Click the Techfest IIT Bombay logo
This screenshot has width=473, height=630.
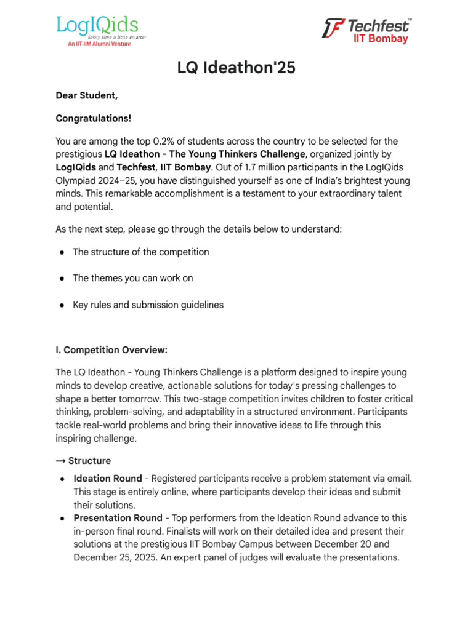[x=367, y=30]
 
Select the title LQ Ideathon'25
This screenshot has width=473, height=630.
[x=236, y=68]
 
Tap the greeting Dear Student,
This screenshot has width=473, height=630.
[x=87, y=95]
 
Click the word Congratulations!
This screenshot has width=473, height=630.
[x=94, y=118]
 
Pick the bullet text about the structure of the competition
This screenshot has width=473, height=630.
[x=141, y=252]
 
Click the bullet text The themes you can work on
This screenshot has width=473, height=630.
[x=133, y=278]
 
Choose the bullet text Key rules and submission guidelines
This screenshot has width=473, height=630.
[x=148, y=305]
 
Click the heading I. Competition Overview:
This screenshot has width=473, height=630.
[x=111, y=350]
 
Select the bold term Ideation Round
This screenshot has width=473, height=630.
[x=108, y=478]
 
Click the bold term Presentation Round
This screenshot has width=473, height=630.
[x=118, y=518]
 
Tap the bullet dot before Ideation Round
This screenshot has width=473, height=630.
[x=63, y=479]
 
